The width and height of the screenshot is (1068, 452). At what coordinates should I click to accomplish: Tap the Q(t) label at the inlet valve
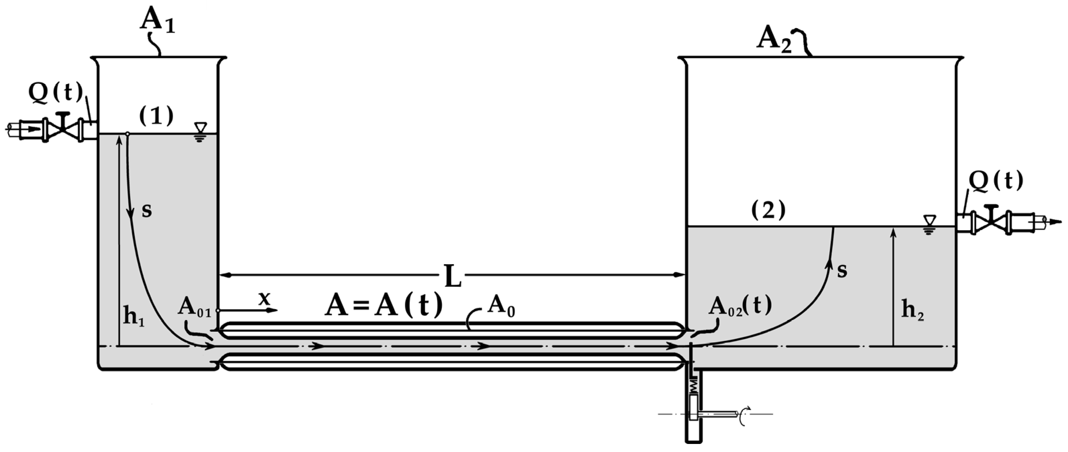point(56,93)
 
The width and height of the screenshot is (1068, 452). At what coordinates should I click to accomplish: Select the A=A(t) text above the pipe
point(384,306)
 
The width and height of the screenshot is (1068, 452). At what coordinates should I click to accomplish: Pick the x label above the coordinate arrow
point(264,298)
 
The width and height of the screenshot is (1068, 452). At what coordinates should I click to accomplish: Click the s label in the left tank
point(147,211)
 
